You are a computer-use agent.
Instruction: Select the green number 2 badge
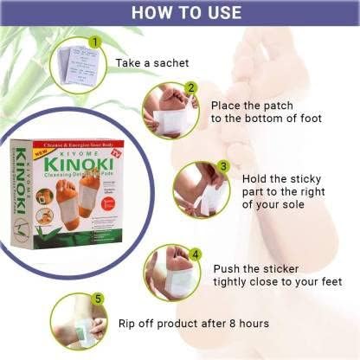click(191, 87)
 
